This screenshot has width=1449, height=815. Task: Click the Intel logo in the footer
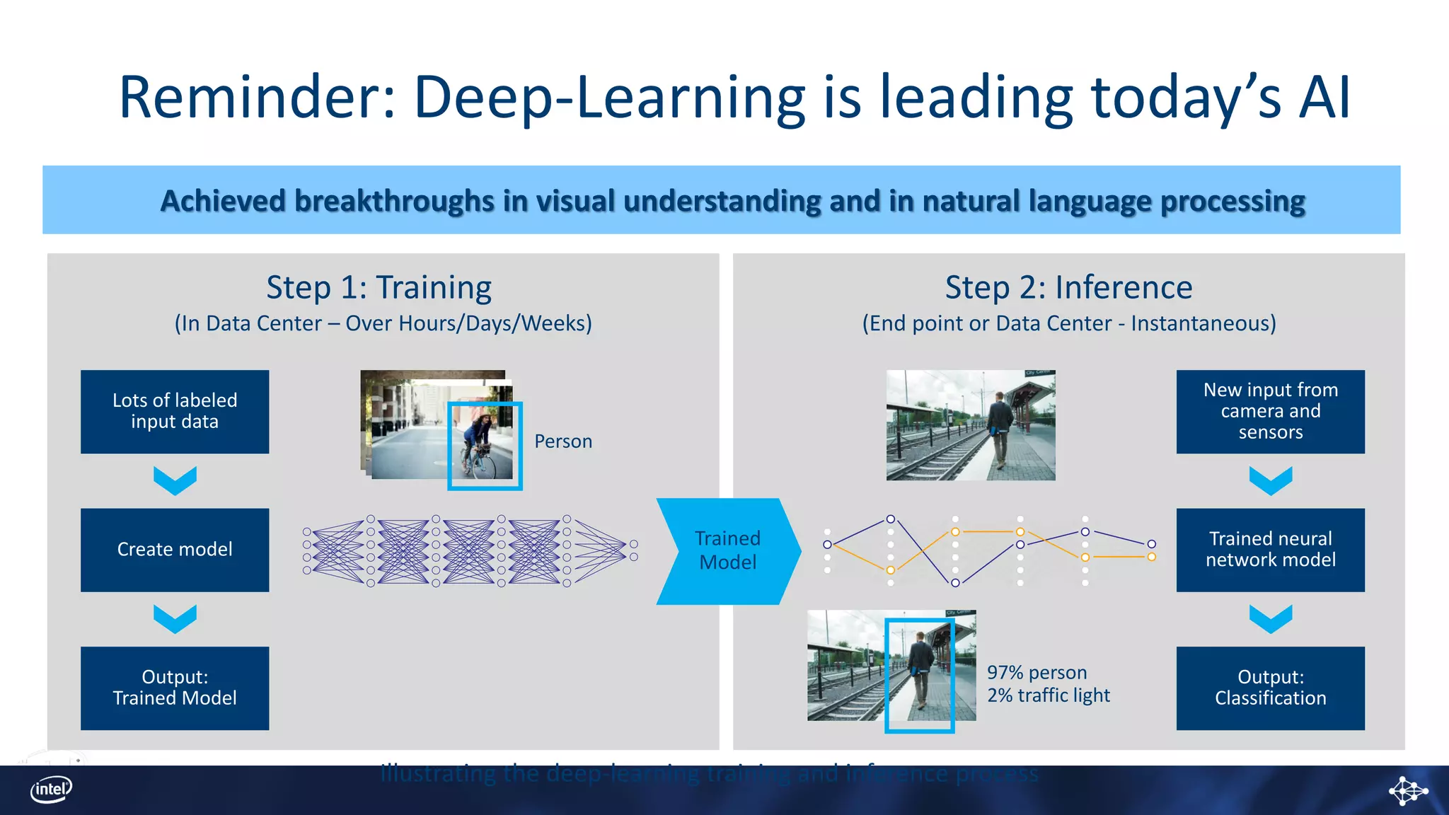[51, 790]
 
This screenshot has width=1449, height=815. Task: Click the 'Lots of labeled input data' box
[175, 412]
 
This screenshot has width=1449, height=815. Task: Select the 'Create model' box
[175, 550]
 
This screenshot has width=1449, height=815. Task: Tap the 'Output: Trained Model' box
[175, 688]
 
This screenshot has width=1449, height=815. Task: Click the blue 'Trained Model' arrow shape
[727, 551]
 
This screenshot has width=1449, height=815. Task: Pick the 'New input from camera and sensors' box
[1270, 412]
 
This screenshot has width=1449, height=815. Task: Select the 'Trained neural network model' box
[1270, 550]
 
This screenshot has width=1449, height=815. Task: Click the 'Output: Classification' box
[1270, 688]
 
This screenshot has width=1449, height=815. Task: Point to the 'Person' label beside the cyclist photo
[563, 441]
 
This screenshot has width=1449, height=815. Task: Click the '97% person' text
[1037, 673]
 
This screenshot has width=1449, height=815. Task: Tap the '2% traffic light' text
[1049, 695]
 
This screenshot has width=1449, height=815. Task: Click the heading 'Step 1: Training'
[379, 288]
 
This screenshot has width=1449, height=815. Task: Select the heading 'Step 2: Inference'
[1068, 288]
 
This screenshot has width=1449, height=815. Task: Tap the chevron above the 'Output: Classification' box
[1270, 619]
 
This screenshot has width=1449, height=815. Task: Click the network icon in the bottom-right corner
[1407, 790]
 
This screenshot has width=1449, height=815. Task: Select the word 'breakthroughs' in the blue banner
[393, 202]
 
